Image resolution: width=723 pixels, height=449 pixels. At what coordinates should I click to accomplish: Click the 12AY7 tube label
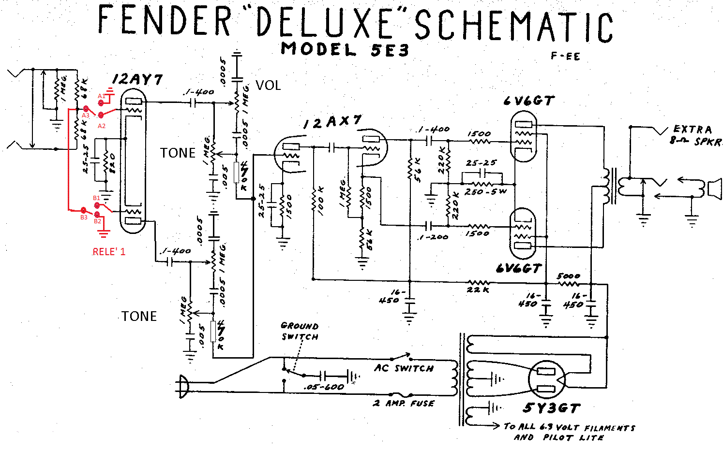pos(137,80)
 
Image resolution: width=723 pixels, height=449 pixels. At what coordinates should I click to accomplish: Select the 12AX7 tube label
pos(332,122)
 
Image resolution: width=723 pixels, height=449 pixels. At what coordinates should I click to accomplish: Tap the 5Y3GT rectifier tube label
pos(551,408)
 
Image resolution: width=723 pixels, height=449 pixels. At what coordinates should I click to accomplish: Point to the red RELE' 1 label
pos(109,252)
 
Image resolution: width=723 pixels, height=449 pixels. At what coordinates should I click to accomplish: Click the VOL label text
pos(268,86)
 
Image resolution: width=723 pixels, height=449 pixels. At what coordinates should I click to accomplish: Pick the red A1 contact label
pos(101,96)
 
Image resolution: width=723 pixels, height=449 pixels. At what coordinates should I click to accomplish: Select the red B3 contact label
pos(84,217)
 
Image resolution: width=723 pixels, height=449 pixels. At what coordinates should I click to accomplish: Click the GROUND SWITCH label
pos(300,331)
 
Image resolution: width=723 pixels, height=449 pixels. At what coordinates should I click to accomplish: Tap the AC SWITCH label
pos(404,368)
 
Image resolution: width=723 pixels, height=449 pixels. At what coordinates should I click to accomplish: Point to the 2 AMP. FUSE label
pos(404,403)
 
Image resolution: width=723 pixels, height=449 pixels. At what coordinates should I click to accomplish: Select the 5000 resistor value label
pos(569,276)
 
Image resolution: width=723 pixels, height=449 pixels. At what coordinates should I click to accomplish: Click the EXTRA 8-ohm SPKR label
pos(695,135)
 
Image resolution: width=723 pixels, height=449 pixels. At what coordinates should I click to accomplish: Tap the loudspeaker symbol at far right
pos(714,188)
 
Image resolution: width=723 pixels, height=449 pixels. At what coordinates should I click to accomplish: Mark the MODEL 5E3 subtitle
pos(345,49)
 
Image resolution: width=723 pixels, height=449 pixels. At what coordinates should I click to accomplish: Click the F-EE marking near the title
pos(565,56)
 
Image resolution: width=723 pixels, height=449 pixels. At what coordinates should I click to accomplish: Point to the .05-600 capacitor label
pos(324,387)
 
